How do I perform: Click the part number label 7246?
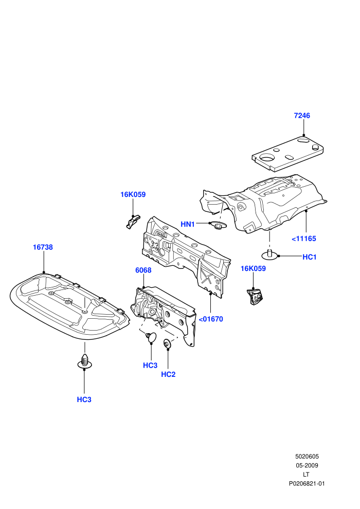(302, 116)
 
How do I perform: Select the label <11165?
(304, 239)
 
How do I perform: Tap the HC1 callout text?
(310, 257)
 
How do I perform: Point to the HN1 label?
(188, 224)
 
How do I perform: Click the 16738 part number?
(43, 247)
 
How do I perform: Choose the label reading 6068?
(143, 270)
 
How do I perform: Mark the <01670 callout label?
(211, 319)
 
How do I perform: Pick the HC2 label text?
(168, 374)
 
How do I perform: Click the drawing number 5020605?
(307, 457)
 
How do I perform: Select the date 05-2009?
(307, 465)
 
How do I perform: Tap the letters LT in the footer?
(306, 474)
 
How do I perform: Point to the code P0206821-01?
(307, 484)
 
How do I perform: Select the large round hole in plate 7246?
(267, 157)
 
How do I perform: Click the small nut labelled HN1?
(218, 225)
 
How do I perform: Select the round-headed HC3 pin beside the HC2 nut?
(151, 337)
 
